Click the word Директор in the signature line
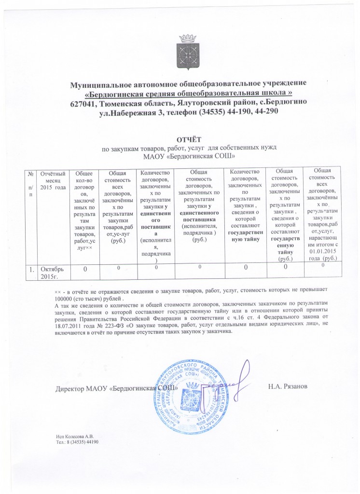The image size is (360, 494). pos(69,388)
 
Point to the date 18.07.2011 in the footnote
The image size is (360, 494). pos(69,326)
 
